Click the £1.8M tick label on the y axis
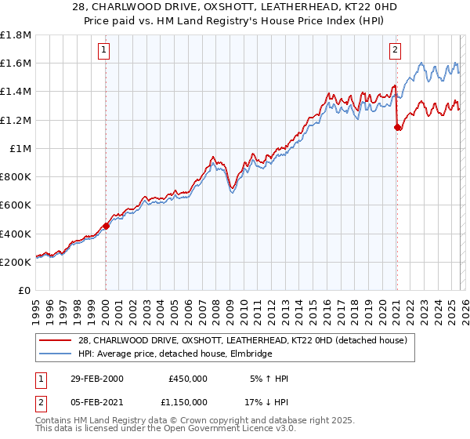(16, 35)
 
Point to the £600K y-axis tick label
(16, 205)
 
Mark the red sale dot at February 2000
(106, 226)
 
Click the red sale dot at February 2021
(397, 127)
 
